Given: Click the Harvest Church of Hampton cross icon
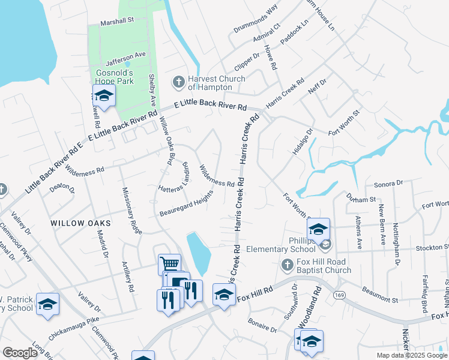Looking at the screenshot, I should (x=178, y=82).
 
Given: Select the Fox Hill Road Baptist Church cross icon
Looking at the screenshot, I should (x=288, y=265).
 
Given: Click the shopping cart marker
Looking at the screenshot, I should (x=169, y=263).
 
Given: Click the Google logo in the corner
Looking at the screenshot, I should (x=20, y=353).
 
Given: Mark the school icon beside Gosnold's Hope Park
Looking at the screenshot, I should (x=104, y=96).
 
